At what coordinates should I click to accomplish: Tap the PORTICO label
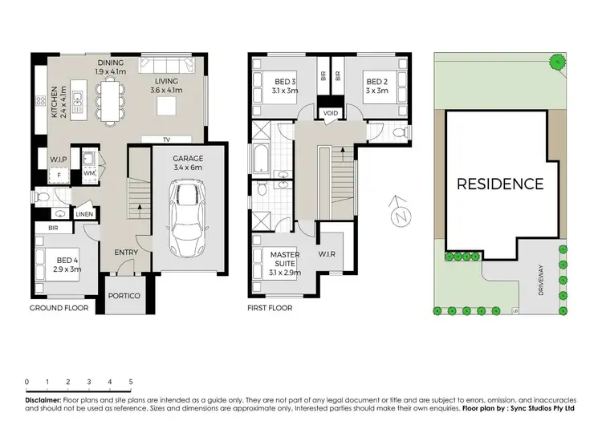(x=124, y=296)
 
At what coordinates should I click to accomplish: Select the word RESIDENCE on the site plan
(x=499, y=184)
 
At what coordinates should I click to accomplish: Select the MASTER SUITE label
(x=285, y=261)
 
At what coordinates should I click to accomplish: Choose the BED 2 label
(x=377, y=86)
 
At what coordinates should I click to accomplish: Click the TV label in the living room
(x=166, y=140)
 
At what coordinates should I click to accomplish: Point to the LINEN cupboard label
(x=84, y=214)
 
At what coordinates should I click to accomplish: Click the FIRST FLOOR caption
(x=270, y=308)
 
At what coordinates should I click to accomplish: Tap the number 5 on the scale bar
(x=130, y=382)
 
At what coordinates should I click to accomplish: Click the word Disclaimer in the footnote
(x=43, y=399)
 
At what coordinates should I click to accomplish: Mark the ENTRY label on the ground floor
(x=127, y=253)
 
